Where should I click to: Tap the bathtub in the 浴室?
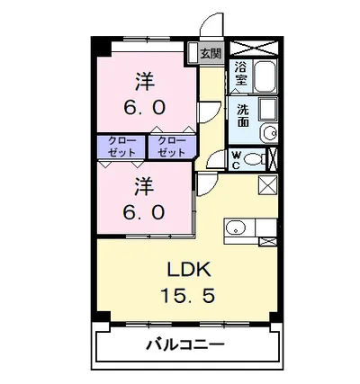tap(265, 77)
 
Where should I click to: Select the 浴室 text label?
tap(240, 73)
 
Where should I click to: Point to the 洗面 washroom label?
tap(242, 116)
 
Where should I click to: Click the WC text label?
tap(235, 160)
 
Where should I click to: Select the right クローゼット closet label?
tap(167, 147)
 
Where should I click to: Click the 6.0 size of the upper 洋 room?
tap(144, 106)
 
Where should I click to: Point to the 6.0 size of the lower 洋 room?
tap(144, 212)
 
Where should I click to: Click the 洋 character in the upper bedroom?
tap(144, 80)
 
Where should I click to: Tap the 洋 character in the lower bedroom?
tap(144, 186)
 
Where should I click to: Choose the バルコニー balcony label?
tap(185, 345)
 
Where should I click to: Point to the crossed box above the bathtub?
tap(256, 49)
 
